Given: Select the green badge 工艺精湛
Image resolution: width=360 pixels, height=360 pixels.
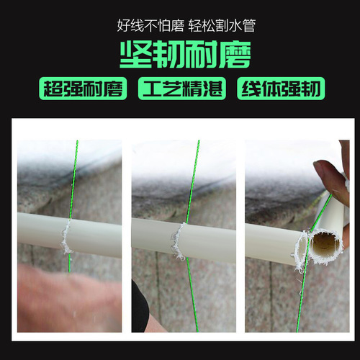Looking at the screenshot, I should point(181,89).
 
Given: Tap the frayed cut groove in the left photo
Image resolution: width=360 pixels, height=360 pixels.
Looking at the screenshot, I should point(66,237).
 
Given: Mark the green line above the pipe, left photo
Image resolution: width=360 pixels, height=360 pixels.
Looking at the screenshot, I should point(73,180).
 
